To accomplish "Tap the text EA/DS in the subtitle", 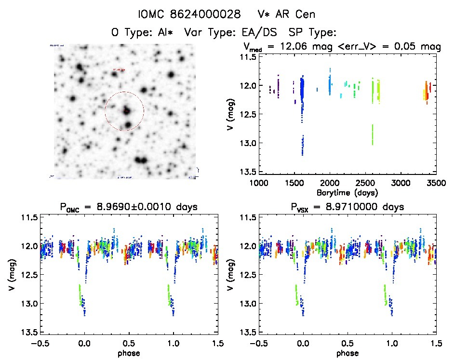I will [x=263, y=33].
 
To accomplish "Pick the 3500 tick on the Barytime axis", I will [x=436, y=183].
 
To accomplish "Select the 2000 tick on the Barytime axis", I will [x=330, y=183].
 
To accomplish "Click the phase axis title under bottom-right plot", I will [x=347, y=353].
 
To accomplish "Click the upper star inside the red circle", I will [x=126, y=110].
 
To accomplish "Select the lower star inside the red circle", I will [x=127, y=125].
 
